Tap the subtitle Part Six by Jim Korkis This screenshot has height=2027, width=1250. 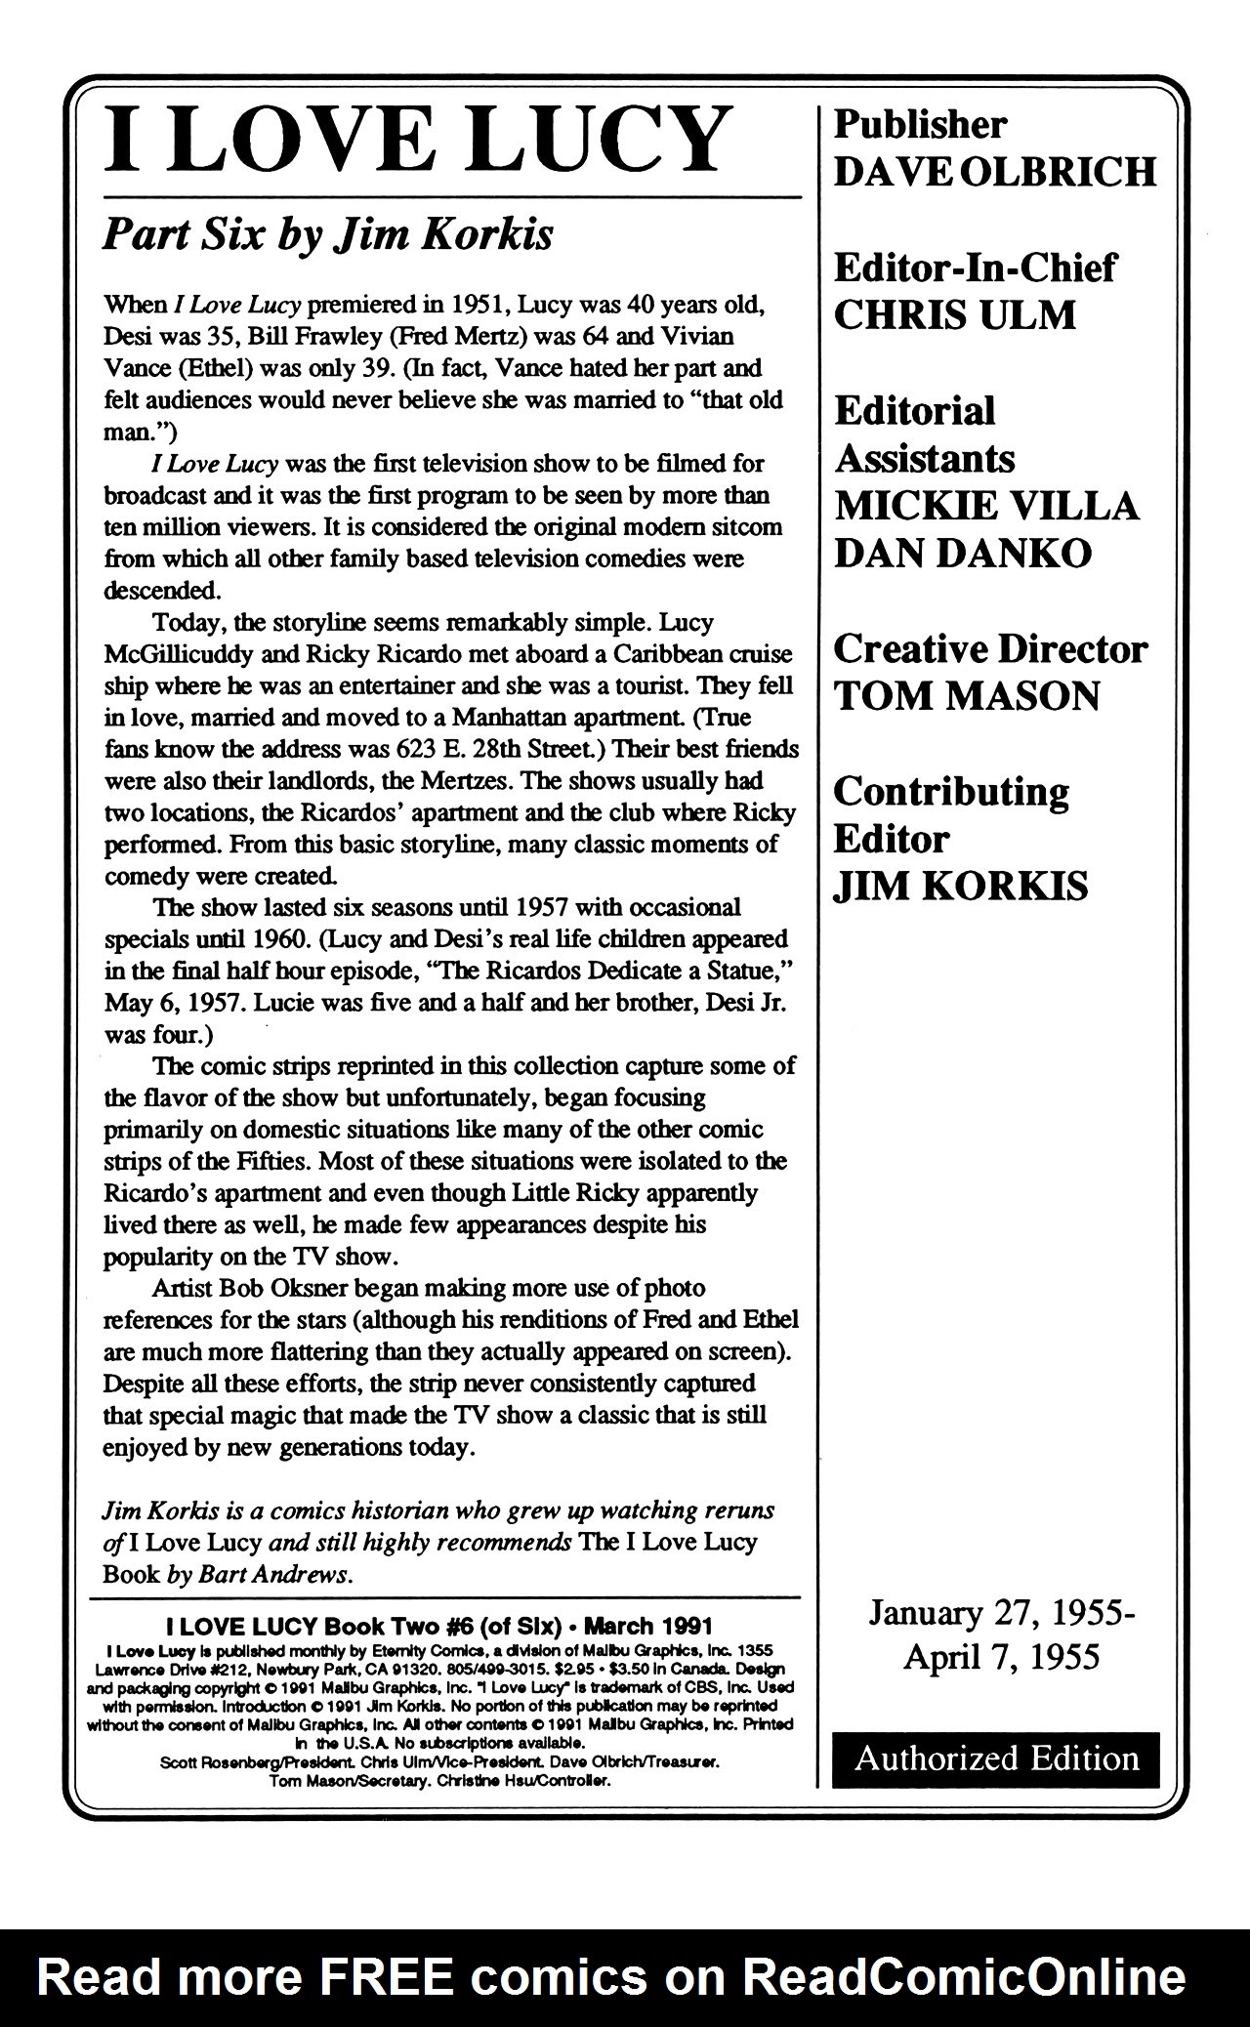coord(328,234)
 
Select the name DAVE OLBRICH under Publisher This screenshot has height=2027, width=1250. coord(994,172)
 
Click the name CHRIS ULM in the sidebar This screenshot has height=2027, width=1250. coord(954,315)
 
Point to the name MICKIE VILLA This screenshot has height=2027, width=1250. coord(985,506)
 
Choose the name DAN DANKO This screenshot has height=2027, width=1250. coord(962,554)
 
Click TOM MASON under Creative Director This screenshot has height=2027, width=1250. coord(966,696)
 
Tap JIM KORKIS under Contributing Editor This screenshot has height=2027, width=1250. coord(960,887)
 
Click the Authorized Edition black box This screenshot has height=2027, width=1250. coord(995,1758)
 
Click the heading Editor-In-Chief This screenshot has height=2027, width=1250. coord(974,268)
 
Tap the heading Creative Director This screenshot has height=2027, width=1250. coord(989,649)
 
